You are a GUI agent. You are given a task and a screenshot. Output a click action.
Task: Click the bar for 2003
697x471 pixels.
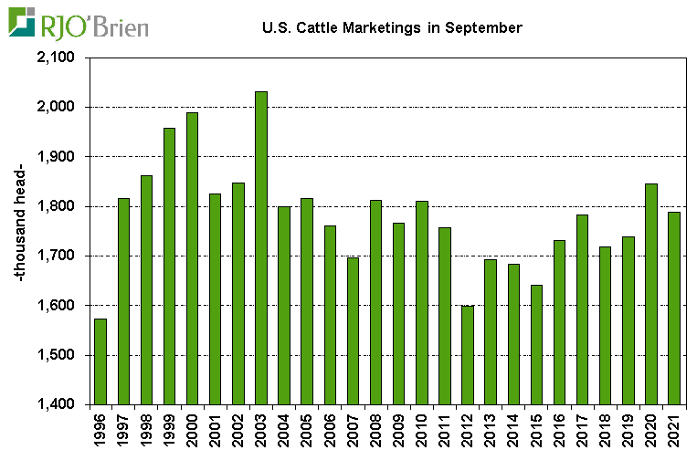tap(260, 247)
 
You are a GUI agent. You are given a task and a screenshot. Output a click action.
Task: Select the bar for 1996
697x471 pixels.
tap(100, 361)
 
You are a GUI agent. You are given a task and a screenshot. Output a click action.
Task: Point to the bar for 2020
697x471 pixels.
tap(650, 293)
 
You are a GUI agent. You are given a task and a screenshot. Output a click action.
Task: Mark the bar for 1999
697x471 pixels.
tap(169, 266)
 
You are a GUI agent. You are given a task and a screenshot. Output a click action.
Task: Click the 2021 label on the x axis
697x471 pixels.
tap(674, 430)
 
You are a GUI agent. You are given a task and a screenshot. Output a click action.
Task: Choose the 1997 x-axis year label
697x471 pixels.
tap(124, 430)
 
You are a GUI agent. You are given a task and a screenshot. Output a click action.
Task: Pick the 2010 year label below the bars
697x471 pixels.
tap(422, 430)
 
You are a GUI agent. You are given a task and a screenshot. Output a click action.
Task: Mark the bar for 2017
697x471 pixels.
tap(582, 309)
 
